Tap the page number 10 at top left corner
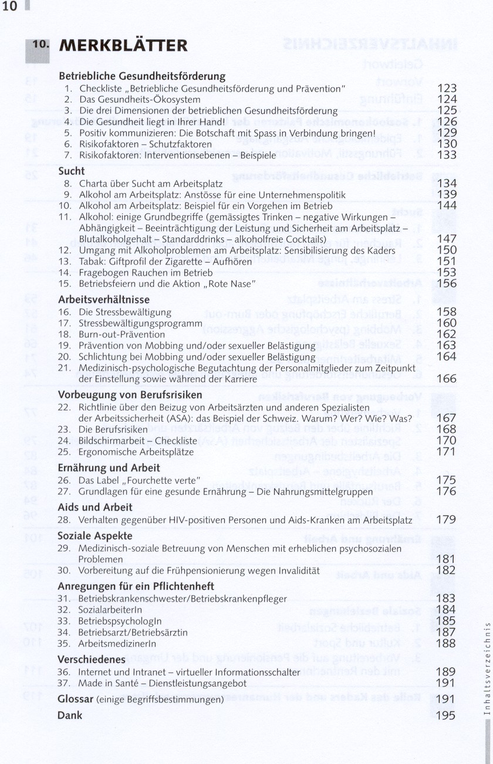coord(11,7)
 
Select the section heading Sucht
coord(72,171)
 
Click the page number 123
coord(447,89)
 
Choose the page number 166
coord(447,379)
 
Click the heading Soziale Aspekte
coord(94,536)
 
